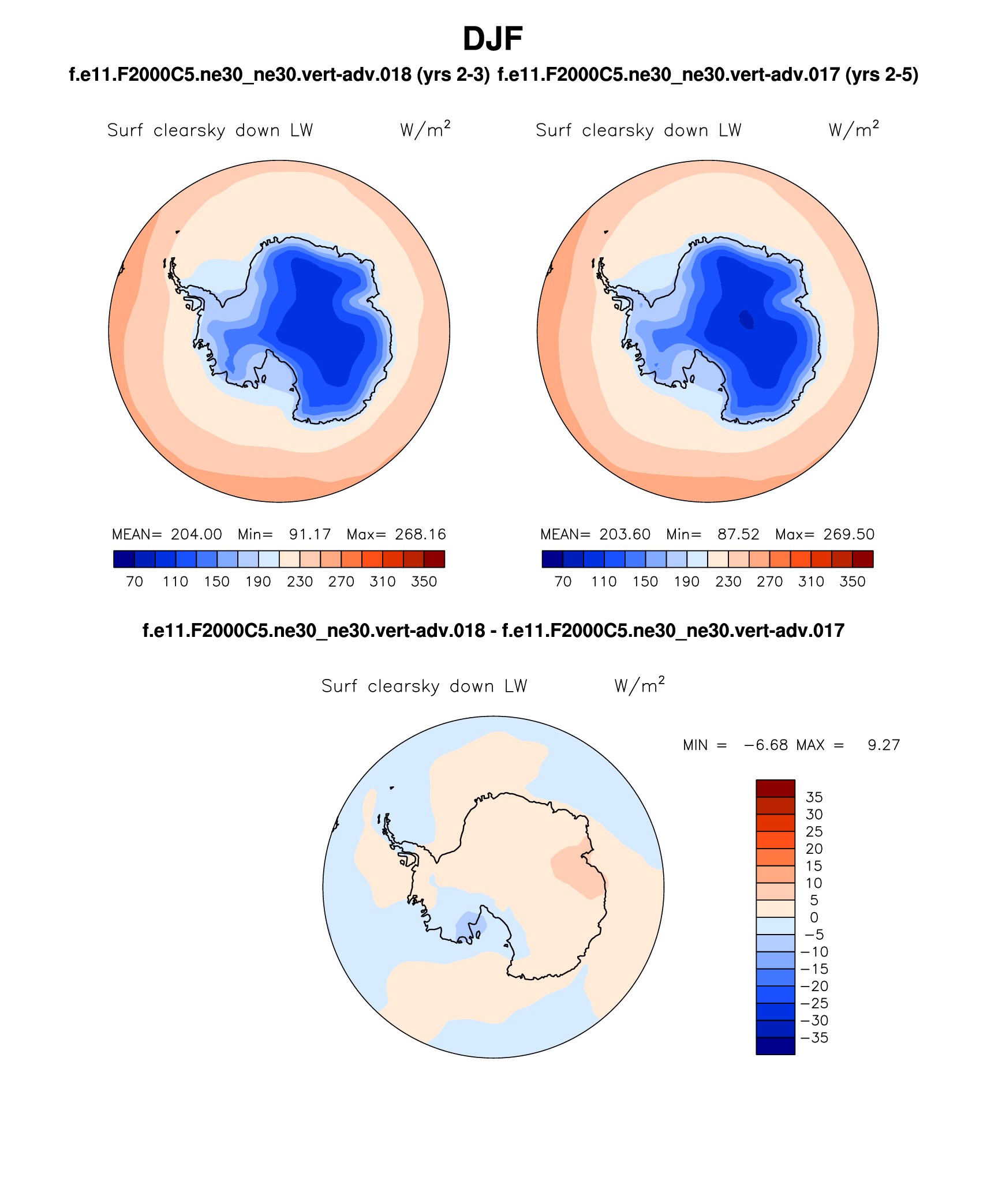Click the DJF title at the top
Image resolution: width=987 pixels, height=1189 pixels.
tap(492, 39)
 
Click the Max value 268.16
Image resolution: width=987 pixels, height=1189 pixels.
tap(420, 534)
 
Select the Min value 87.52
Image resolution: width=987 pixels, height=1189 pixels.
tap(738, 534)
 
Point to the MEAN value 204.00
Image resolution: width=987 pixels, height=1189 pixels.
tap(196, 534)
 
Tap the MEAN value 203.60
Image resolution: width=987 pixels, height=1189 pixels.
tap(625, 534)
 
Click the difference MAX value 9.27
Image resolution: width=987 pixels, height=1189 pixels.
tap(884, 745)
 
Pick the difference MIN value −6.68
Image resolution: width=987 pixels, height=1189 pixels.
tap(766, 745)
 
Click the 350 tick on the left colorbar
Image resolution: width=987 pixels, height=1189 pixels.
tap(424, 582)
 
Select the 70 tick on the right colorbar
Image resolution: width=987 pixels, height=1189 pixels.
tap(563, 582)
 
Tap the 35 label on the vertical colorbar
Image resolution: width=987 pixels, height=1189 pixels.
tap(814, 797)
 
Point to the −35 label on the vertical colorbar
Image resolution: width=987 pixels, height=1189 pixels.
tap(814, 1038)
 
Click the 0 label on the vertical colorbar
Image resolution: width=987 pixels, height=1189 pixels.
tap(814, 917)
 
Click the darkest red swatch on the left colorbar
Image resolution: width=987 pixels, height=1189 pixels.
tap(434, 559)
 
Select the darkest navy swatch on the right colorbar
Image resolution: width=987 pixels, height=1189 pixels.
tap(552, 559)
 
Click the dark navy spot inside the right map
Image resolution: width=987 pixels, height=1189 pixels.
tap(746, 319)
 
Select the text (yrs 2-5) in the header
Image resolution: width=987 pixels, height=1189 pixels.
tap(881, 74)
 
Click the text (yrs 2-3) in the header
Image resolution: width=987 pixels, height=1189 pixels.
tap(453, 74)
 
